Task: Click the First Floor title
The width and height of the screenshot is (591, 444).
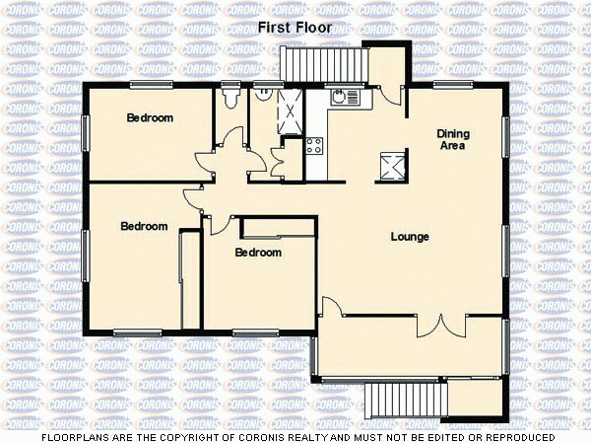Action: [x=295, y=28]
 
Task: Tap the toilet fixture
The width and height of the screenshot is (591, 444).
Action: [x=231, y=99]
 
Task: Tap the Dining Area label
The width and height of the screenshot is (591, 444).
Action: [x=453, y=139]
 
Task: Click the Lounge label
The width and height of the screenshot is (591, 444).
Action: [x=409, y=237]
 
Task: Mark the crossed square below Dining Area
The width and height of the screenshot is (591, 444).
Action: [x=392, y=166]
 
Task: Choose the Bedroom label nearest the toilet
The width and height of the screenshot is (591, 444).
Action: [x=150, y=118]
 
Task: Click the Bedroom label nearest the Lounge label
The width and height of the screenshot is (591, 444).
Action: [x=258, y=253]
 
